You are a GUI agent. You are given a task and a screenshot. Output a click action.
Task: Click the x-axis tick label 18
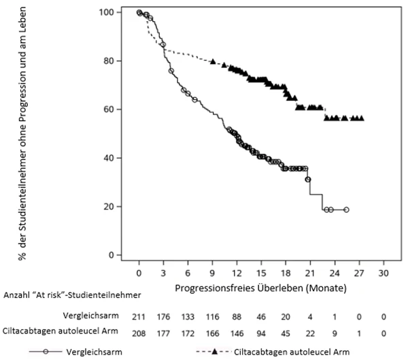tap(286, 274)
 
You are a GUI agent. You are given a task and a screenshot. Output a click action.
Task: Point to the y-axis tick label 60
tap(109, 110)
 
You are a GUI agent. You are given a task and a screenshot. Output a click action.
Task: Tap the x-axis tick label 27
tap(359, 274)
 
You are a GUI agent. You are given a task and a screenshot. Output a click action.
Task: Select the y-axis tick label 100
tap(107, 12)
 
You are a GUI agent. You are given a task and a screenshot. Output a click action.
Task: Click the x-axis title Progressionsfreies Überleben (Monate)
tap(260, 289)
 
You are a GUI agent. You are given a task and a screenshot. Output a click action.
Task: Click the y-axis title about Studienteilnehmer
tap(23, 133)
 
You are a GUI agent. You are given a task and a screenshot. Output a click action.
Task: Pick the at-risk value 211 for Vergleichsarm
tap(139, 317)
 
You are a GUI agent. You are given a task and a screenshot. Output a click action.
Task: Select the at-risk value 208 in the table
tap(139, 333)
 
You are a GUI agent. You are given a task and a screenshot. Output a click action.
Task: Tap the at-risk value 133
tap(188, 317)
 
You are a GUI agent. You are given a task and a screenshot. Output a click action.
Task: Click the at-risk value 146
tap(237, 333)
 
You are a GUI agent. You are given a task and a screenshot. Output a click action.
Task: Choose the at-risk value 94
tap(261, 333)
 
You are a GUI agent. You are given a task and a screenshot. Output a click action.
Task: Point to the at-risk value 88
tap(237, 317)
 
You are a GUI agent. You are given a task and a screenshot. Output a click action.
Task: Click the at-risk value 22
tap(310, 333)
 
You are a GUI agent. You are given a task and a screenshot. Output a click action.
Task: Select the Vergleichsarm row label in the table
tap(90, 315)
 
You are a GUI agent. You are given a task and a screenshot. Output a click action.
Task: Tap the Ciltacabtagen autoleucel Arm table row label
tap(61, 331)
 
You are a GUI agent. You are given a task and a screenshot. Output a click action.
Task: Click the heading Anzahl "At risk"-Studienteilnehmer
tap(72, 295)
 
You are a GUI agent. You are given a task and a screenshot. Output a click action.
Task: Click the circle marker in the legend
tap(46, 351)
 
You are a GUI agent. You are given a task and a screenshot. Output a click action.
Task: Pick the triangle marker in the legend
tap(214, 351)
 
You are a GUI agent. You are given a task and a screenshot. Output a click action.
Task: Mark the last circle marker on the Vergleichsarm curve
tap(346, 210)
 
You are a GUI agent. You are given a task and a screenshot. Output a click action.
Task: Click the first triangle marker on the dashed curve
tap(213, 61)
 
